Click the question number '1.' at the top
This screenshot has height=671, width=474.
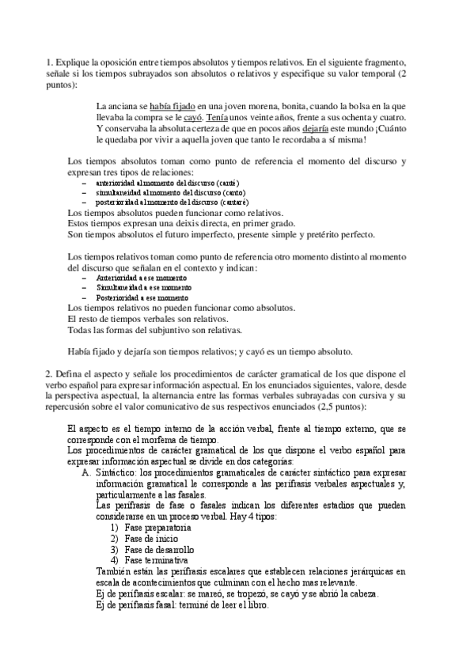[x=50, y=62]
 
